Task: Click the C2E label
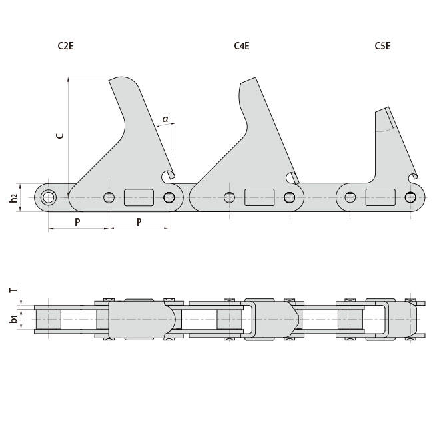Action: (65, 46)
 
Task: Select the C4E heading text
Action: (242, 46)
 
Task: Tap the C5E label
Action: (382, 46)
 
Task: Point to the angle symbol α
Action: (165, 120)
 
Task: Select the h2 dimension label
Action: (14, 198)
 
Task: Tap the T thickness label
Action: (13, 290)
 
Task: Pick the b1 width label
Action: (14, 320)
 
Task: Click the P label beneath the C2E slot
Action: (139, 222)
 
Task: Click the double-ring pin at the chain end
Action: (48, 197)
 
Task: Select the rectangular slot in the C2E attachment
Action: (139, 197)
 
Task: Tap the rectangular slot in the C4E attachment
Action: (259, 197)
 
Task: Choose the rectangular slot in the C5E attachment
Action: (380, 197)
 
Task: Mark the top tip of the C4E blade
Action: (248, 81)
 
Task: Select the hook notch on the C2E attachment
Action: (168, 177)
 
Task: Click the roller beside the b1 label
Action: (48, 320)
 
